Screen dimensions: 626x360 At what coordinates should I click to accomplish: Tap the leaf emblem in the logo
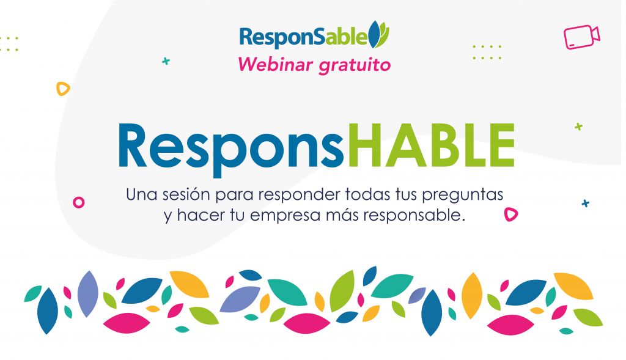(378, 34)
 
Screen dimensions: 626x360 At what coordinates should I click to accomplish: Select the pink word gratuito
(355, 65)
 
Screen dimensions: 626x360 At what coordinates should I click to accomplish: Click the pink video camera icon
(582, 37)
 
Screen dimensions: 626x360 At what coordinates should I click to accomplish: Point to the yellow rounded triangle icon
(62, 89)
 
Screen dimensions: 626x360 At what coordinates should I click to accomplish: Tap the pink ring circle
(79, 202)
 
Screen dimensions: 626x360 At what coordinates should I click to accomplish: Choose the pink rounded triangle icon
(510, 215)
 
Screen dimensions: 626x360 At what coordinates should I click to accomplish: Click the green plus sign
(578, 127)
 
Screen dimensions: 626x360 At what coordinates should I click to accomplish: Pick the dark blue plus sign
(585, 203)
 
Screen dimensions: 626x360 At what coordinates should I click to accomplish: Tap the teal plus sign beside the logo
(166, 61)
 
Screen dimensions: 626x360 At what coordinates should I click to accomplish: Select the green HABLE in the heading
(431, 145)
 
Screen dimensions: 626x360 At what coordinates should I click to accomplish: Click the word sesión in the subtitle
(186, 194)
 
